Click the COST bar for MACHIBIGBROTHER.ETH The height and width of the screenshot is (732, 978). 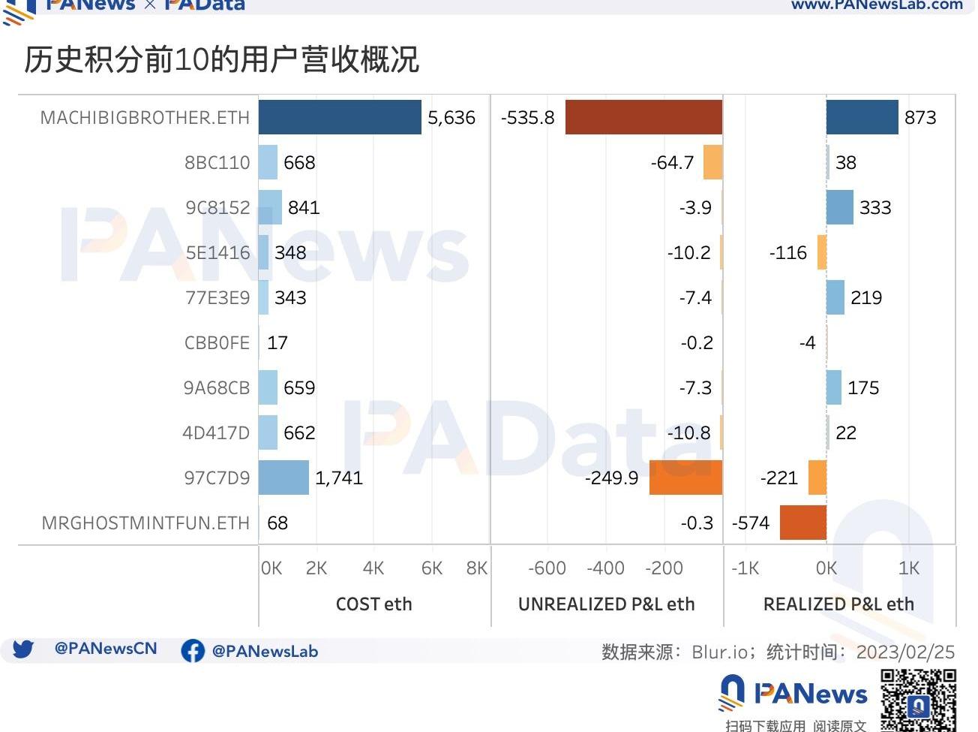click(x=340, y=117)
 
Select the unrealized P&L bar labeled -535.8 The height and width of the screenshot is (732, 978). click(x=643, y=117)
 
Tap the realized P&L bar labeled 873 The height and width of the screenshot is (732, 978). click(x=862, y=117)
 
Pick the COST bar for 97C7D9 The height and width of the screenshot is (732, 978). click(x=283, y=477)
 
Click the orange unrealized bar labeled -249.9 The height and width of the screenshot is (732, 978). click(x=685, y=477)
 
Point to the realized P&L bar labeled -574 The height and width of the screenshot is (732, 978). click(x=802, y=523)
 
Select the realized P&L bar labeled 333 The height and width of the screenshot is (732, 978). click(x=839, y=207)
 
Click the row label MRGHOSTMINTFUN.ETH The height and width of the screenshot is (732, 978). click(x=145, y=523)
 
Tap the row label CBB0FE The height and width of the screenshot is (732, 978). click(x=217, y=343)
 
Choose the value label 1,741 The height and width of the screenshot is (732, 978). click(x=339, y=478)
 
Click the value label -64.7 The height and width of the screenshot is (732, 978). click(x=672, y=163)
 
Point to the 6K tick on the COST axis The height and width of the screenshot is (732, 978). click(x=432, y=568)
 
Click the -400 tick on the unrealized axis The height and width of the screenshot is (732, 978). click(x=605, y=568)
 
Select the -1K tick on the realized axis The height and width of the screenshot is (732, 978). click(x=745, y=568)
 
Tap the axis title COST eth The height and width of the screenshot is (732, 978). click(x=373, y=604)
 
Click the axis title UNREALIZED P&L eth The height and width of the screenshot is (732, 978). click(x=606, y=604)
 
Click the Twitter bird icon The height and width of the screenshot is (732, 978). click(x=23, y=649)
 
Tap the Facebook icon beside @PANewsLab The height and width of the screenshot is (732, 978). click(x=193, y=651)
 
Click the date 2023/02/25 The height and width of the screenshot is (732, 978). click(x=905, y=652)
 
